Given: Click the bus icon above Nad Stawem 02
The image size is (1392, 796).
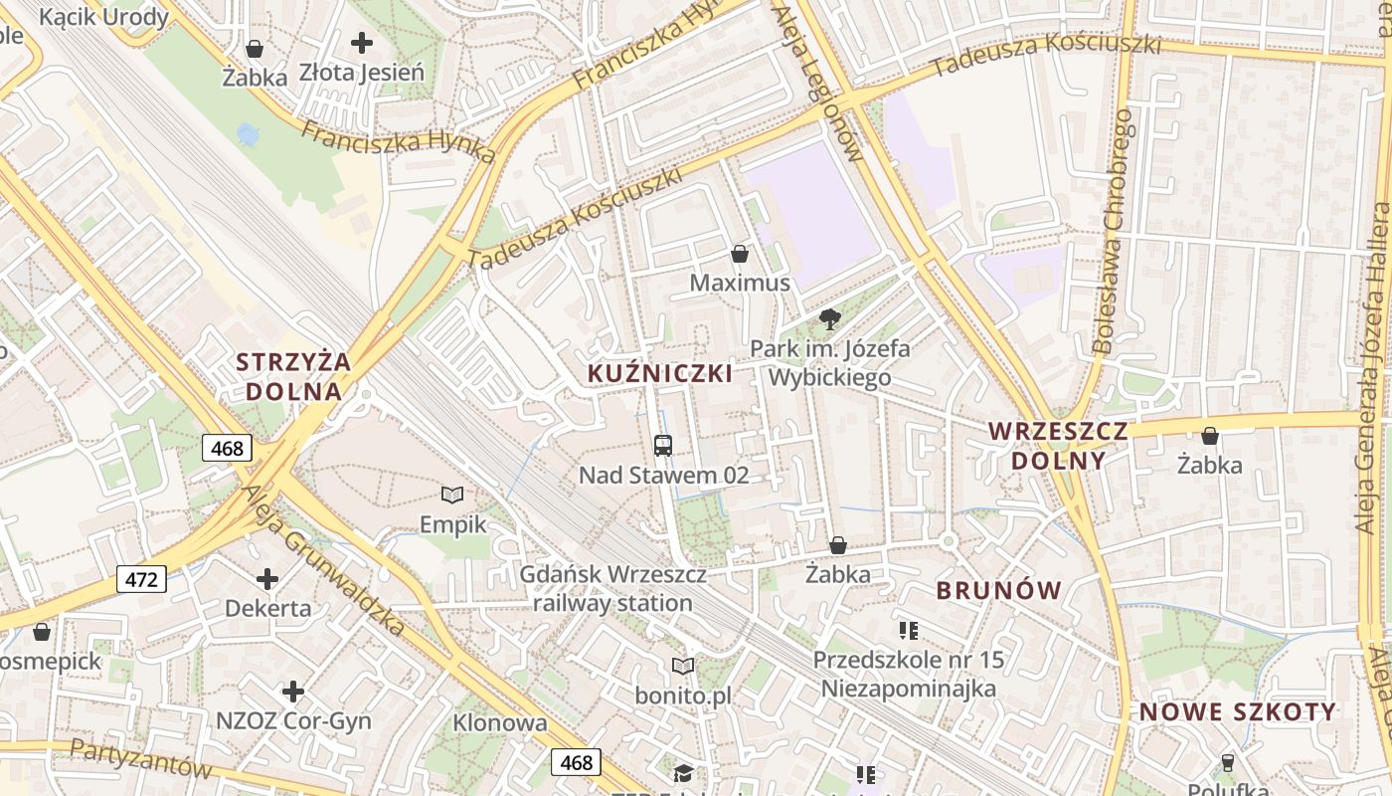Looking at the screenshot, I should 663,446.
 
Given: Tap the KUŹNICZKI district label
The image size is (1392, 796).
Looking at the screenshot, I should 660,374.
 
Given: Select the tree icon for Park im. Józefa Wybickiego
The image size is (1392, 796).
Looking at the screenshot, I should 830,319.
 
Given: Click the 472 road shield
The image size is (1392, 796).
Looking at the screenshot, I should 141,579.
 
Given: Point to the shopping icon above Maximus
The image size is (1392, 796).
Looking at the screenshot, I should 739,254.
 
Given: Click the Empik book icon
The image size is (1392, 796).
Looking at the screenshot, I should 452,495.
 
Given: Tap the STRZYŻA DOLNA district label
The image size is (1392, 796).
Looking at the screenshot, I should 293,376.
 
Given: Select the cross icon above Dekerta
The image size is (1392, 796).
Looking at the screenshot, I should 267,578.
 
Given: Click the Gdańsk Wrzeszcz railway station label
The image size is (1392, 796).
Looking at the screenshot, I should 612,589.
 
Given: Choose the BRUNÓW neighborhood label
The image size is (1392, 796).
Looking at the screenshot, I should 999,590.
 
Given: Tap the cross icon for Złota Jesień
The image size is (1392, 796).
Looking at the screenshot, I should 362,43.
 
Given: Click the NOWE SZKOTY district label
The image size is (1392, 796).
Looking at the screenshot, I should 1238,712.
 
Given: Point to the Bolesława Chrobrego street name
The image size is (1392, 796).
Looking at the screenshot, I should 1114,231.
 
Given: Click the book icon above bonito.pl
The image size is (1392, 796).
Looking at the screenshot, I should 683,666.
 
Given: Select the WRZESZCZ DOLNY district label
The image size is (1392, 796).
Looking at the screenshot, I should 1058,446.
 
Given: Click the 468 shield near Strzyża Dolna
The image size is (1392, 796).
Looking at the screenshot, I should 228,449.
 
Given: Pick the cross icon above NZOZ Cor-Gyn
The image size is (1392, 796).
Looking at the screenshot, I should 292,691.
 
